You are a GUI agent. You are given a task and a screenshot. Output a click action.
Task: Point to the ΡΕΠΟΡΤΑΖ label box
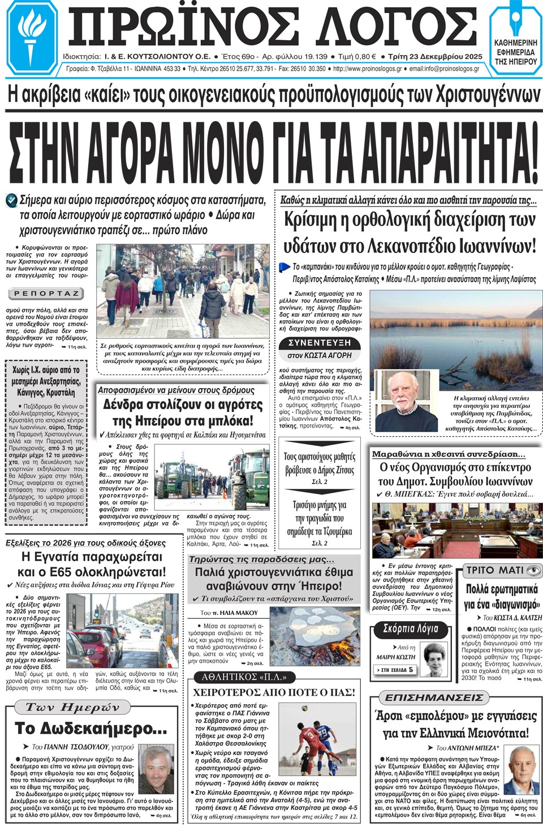coord(46,294)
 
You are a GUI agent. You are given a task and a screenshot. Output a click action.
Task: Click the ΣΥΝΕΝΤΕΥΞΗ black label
coord(319,343)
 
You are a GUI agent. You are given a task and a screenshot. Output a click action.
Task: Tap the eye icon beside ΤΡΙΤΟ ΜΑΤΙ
coord(533,570)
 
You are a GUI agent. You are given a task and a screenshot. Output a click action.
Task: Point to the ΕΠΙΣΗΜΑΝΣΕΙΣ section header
coord(434,697)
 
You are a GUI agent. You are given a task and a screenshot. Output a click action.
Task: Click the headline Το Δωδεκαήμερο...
coord(90,728)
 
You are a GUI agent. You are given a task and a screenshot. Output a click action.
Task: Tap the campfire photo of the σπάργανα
coord(314,634)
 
